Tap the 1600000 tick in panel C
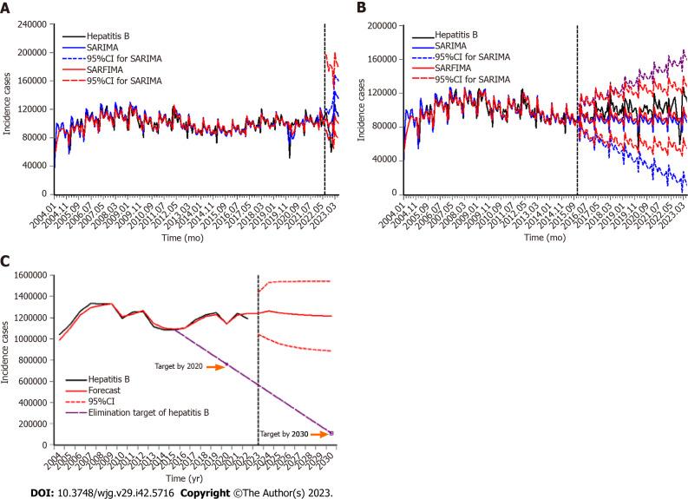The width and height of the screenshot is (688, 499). pos(32,276)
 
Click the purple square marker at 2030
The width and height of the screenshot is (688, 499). pos(331,432)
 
